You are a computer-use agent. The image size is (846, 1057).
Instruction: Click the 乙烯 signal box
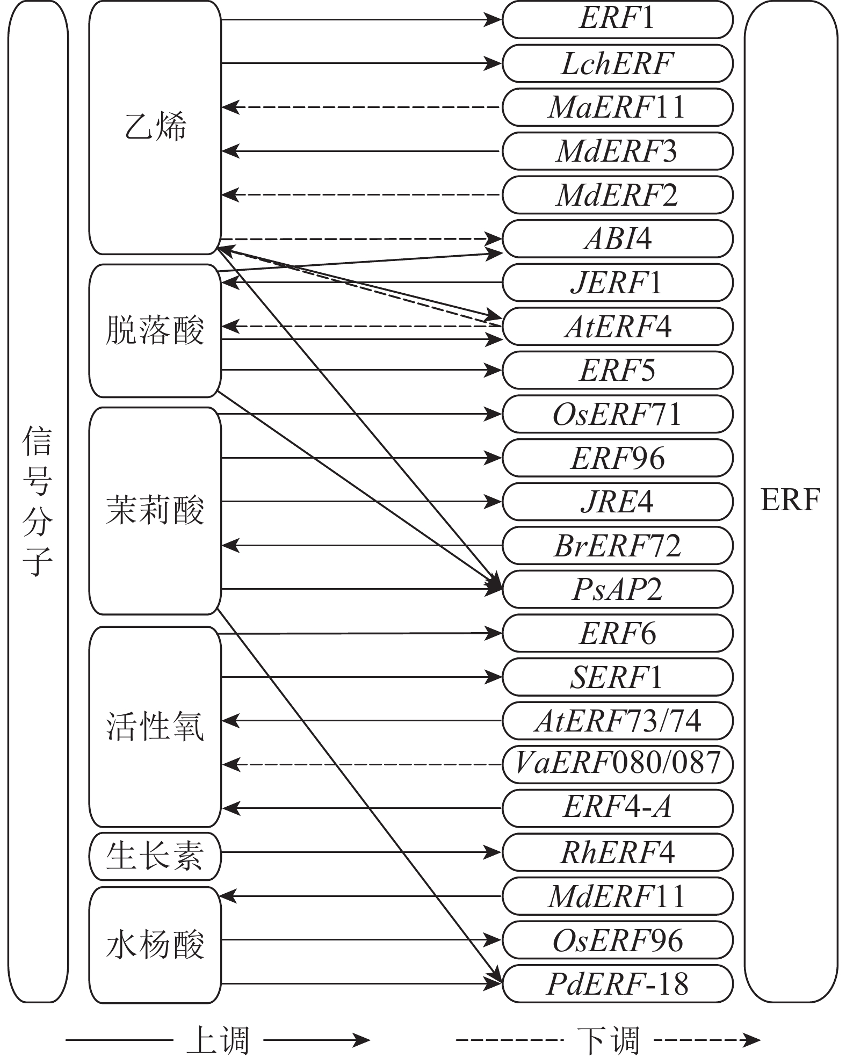(155, 128)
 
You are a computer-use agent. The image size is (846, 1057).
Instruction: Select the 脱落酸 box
(155, 330)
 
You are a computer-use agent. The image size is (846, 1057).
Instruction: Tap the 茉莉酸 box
(155, 510)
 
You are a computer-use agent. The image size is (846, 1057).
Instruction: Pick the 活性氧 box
(155, 726)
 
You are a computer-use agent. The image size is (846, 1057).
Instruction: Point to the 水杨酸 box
(155, 945)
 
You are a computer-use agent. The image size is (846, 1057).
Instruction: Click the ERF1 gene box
(617, 19)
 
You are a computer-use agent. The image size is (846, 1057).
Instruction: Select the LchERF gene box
(617, 63)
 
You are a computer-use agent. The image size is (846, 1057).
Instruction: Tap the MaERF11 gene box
(617, 107)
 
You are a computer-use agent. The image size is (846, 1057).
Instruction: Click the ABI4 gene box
(617, 238)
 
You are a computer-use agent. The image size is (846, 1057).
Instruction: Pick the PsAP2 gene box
(617, 589)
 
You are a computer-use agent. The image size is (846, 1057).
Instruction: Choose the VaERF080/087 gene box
(617, 764)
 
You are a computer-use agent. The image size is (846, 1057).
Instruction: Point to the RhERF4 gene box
(617, 852)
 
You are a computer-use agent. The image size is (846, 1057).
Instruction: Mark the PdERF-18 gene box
(617, 984)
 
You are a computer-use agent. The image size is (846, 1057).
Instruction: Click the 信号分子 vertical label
(38, 499)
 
